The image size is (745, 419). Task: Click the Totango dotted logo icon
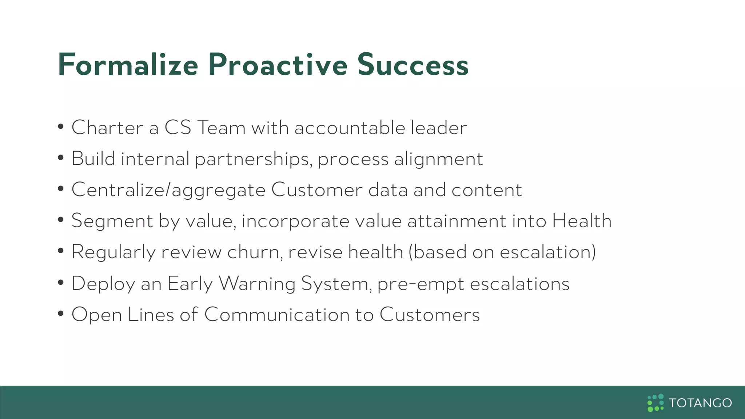[656, 403]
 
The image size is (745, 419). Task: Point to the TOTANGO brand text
[700, 403]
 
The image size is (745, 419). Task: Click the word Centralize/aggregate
[168, 190]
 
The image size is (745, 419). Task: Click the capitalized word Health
[582, 221]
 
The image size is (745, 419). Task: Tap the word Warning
[257, 284]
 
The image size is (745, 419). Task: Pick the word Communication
[277, 315]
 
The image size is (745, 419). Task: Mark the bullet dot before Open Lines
[61, 314]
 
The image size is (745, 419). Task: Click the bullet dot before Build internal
[61, 158]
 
